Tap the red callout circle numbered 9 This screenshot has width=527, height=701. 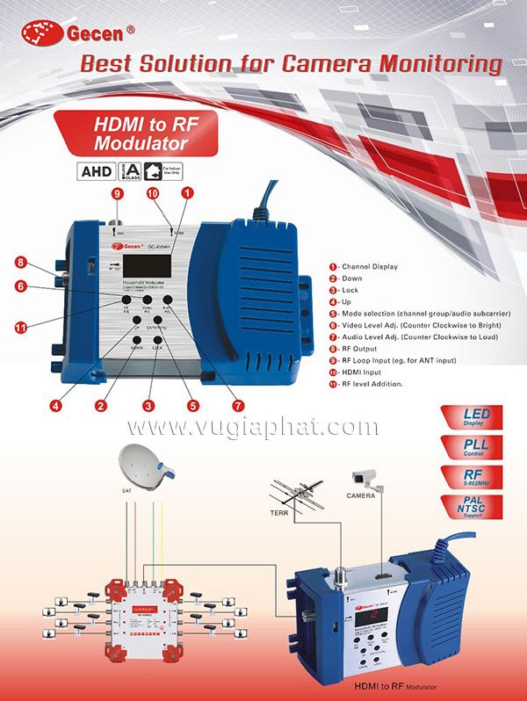116,193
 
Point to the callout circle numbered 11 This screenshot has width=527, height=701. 20,328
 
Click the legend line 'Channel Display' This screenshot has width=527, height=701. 367,265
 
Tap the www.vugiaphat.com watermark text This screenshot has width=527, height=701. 263,428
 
